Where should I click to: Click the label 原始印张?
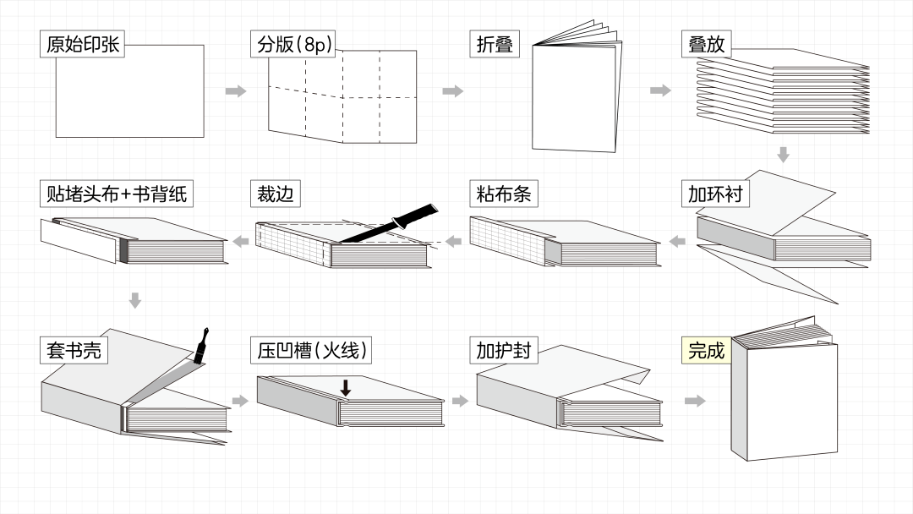coord(82,44)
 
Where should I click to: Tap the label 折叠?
coord(495,44)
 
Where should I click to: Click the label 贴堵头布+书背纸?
coord(117,194)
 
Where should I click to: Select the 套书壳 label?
coord(74,349)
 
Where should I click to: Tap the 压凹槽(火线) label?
coord(311,349)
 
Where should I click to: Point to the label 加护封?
coord(504,349)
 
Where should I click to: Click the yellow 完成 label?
coord(706,349)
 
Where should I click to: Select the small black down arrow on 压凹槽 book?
coord(346,388)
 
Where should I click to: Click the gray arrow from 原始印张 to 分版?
coord(236,91)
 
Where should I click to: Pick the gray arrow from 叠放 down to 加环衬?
coord(783,155)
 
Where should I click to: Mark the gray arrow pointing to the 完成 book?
coord(695,401)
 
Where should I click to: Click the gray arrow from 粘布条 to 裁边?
coord(453,243)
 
